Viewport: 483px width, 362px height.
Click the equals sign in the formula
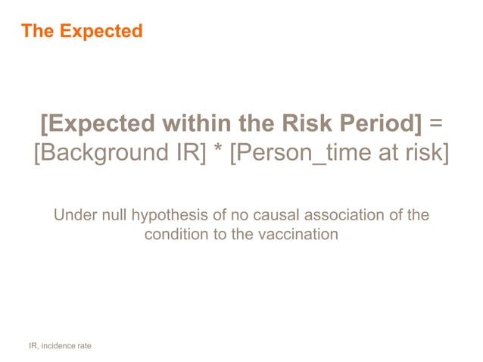(435, 123)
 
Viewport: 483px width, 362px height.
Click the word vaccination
(296, 234)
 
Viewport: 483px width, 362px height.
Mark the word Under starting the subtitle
(73, 216)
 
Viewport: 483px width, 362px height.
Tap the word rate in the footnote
(84, 346)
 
